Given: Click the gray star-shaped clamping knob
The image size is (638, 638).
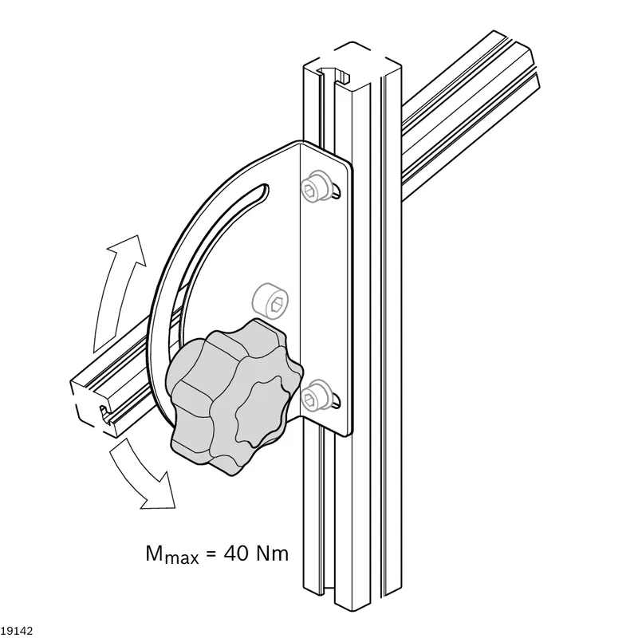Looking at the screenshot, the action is (x=234, y=396).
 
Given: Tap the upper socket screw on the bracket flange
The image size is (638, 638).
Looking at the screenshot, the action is (x=314, y=185).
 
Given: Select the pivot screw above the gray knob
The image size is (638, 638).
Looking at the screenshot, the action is (x=270, y=301).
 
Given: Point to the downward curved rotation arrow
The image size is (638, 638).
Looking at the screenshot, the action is (x=144, y=475).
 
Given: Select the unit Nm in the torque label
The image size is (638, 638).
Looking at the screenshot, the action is (x=273, y=553).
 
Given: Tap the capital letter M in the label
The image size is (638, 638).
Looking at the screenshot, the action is (x=154, y=553).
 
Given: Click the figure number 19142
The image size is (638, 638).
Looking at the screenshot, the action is (x=16, y=630).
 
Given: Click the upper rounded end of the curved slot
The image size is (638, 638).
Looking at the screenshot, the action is (x=264, y=190).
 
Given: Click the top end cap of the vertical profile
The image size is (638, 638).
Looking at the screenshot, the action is (x=352, y=65).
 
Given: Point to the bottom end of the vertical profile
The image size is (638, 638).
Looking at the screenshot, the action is (x=352, y=598).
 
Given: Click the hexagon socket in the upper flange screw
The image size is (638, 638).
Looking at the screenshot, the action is (x=309, y=188).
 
